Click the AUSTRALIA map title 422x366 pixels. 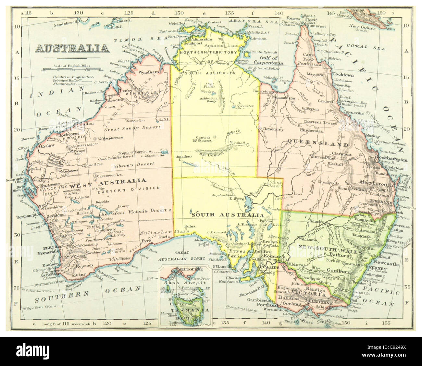[x=72, y=48]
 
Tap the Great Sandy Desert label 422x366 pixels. [x=126, y=128]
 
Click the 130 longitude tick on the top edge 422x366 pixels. [x=178, y=13]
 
